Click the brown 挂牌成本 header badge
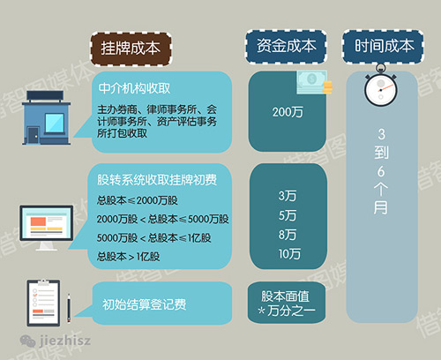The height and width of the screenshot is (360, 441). (131, 49)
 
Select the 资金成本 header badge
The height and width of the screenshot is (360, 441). (286, 47)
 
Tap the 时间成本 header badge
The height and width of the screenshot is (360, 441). (383, 47)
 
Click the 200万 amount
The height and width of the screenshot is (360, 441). (288, 112)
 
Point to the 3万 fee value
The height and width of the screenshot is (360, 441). (288, 196)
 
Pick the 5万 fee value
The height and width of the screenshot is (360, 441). (288, 215)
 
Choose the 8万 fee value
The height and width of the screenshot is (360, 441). (288, 235)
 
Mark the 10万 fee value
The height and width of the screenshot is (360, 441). (289, 254)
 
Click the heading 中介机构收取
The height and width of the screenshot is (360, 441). (134, 88)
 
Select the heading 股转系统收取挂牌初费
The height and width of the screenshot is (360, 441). (157, 180)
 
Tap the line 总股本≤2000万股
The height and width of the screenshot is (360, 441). (138, 200)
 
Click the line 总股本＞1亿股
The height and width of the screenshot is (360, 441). (129, 257)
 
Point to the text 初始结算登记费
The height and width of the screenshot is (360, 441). (144, 304)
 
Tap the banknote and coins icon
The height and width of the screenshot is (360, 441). (314, 83)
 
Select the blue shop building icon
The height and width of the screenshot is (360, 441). (46, 117)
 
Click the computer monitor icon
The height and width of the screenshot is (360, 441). (46, 228)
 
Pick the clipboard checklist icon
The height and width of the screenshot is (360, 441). (43, 303)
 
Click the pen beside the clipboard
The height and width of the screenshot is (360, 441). (69, 309)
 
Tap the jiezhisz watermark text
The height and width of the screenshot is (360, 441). (64, 341)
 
